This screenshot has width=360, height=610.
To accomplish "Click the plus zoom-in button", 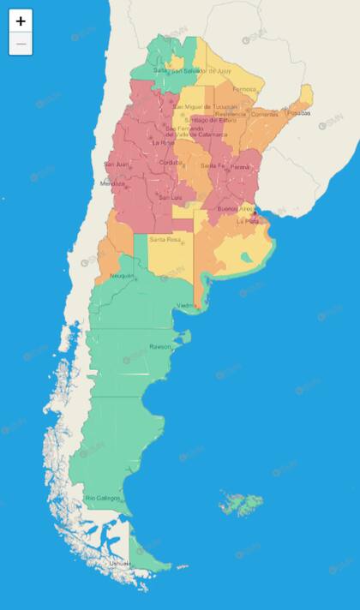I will (x=21, y=21).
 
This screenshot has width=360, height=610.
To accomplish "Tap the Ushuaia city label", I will (x=119, y=563).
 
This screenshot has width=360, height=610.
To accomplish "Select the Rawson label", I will (x=159, y=347).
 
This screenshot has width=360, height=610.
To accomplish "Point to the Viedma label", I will (x=186, y=306).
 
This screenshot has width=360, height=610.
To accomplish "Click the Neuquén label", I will (x=122, y=276).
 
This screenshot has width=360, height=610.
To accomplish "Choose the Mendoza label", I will (x=112, y=183).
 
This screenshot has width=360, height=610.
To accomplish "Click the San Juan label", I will (x=116, y=164).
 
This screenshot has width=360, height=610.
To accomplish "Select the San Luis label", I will (x=170, y=198).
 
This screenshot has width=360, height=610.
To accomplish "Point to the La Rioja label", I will (x=163, y=142).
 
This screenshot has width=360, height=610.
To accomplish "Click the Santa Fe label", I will (x=212, y=165).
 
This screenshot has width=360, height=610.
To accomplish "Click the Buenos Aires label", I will (x=235, y=209).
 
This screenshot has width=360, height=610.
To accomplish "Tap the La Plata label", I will (x=248, y=220).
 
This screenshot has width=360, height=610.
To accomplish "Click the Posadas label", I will (x=298, y=112).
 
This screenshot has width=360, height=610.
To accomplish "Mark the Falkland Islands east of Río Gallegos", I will (x=237, y=504).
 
